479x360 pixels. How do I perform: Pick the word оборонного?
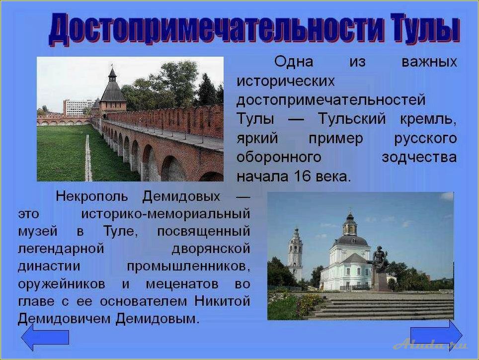coord(278,157)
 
